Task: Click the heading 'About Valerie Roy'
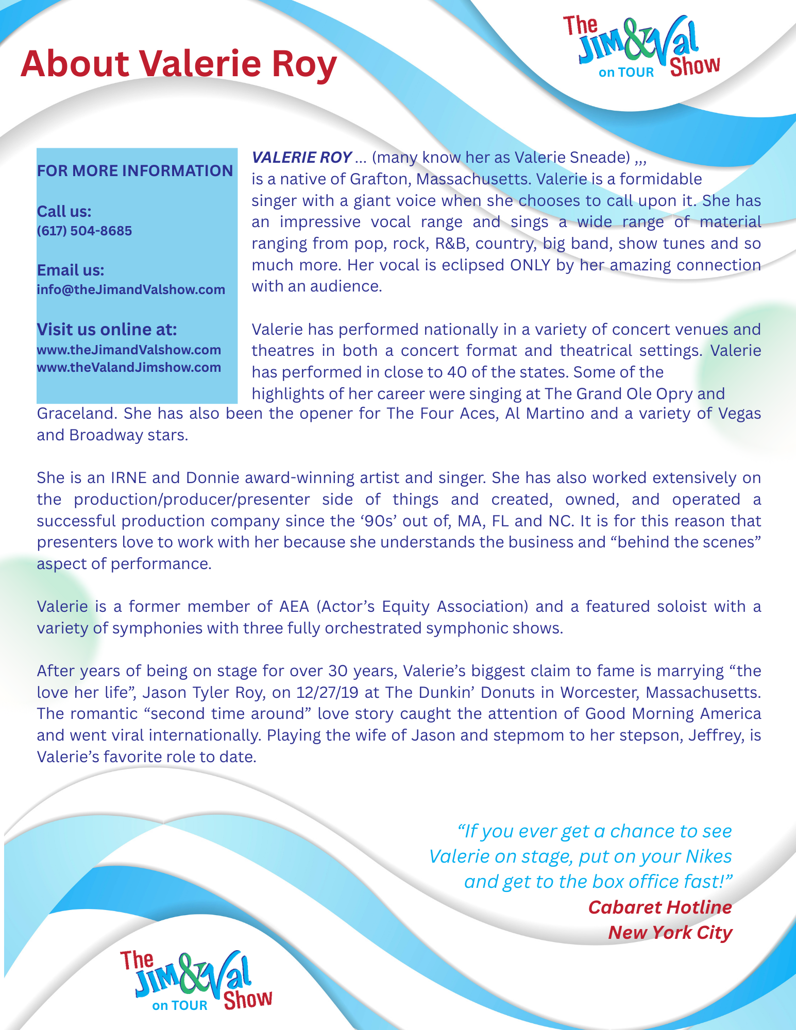pyautogui.click(x=178, y=64)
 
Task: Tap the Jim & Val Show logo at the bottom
pyautogui.click(x=196, y=981)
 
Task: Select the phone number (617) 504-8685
pyautogui.click(x=84, y=231)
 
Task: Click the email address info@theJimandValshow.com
pyautogui.click(x=131, y=289)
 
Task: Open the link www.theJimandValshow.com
pyautogui.click(x=129, y=350)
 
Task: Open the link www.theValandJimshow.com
pyautogui.click(x=129, y=368)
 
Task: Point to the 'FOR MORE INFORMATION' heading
pyautogui.click(x=135, y=171)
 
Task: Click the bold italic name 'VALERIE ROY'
pyautogui.click(x=301, y=158)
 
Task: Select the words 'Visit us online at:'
pyautogui.click(x=107, y=329)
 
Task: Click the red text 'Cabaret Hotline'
pyautogui.click(x=659, y=907)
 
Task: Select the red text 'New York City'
pyautogui.click(x=670, y=933)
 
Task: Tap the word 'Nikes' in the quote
pyautogui.click(x=708, y=856)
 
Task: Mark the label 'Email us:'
pyautogui.click(x=70, y=270)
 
